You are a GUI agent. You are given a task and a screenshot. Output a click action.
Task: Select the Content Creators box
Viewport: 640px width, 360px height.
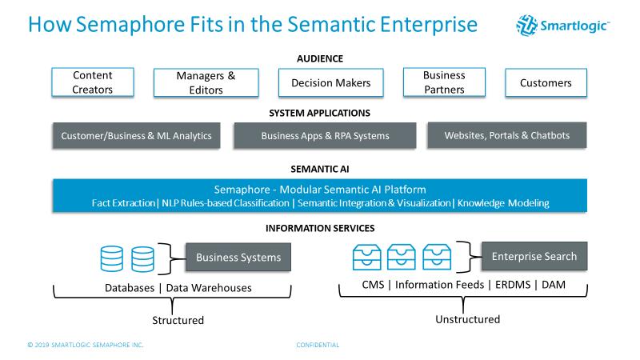coord(93,82)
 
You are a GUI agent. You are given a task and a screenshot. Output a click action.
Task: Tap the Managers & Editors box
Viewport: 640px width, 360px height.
coord(206,82)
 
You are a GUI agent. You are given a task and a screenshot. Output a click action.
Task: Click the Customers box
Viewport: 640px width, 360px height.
coord(546,82)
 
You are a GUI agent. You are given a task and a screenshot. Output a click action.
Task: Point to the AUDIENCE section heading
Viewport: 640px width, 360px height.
coord(319,58)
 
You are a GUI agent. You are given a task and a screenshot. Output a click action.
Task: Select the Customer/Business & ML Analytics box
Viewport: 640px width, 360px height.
coord(137,135)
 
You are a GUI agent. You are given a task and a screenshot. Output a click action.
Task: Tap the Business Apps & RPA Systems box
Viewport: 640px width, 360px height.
coord(325,135)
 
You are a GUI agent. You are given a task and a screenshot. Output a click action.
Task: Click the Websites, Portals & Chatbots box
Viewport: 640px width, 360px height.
coord(507,135)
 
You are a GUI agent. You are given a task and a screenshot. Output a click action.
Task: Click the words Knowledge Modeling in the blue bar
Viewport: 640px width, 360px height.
coord(503,203)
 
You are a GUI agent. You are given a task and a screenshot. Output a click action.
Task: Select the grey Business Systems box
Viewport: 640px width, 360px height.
coord(238,258)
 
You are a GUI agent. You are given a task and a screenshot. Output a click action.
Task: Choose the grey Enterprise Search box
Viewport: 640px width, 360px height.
coord(534,257)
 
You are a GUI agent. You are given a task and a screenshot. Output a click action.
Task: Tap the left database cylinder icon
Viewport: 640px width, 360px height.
coord(112,258)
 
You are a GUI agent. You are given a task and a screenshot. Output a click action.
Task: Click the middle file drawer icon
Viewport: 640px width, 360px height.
coord(401,257)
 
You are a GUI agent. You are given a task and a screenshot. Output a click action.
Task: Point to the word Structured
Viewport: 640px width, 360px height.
coord(178,320)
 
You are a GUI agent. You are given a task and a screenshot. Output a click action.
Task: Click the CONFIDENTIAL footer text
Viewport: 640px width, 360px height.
coord(318,345)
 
